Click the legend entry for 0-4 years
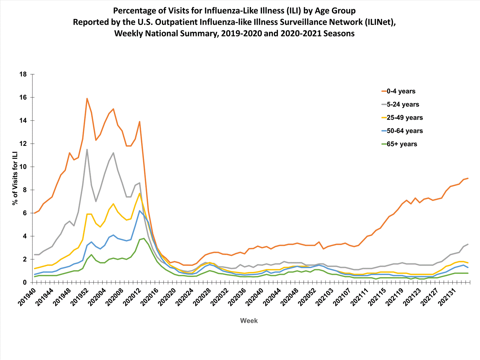click(x=401, y=91)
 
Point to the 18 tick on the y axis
click(x=23, y=74)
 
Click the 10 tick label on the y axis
click(x=23, y=167)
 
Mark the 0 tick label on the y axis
click(x=25, y=283)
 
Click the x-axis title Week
click(x=249, y=321)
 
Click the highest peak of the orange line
click(x=87, y=99)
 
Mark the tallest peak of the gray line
click(x=87, y=149)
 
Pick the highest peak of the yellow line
click(x=140, y=193)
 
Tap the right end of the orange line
click(x=468, y=178)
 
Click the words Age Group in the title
click(x=335, y=11)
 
